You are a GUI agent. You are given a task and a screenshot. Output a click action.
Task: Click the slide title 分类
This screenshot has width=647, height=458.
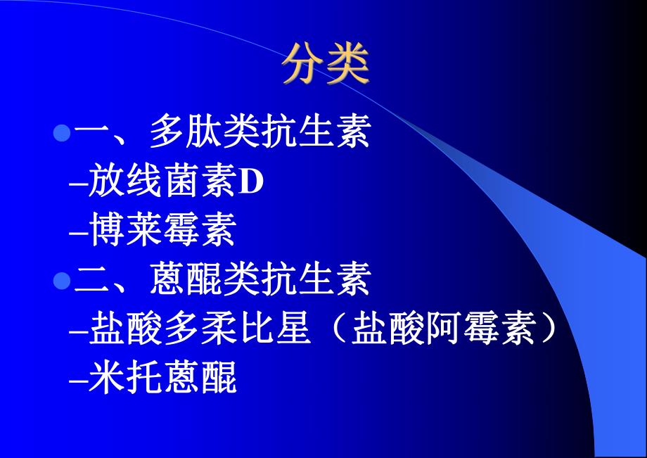(326, 66)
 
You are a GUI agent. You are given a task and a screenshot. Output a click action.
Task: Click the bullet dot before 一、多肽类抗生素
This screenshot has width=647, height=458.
(62, 132)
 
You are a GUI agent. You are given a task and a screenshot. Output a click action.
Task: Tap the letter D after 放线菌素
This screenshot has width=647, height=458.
(251, 182)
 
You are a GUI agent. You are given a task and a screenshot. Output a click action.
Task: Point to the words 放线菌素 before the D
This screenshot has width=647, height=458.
(162, 182)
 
